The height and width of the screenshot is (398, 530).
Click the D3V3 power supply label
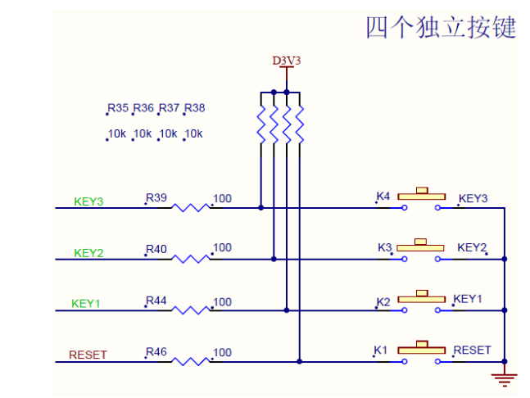(286, 61)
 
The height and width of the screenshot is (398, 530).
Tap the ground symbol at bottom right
(504, 378)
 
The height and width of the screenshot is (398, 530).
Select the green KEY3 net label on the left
(88, 201)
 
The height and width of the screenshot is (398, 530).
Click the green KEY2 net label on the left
(88, 253)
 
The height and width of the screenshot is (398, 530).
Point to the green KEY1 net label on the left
(86, 304)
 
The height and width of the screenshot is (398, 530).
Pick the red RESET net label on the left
(88, 355)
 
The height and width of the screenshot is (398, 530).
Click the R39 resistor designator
(156, 198)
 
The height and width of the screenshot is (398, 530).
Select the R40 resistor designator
(156, 248)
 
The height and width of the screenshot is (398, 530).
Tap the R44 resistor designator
(156, 301)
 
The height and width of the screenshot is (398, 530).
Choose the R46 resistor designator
(156, 352)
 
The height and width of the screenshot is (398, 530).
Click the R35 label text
(118, 108)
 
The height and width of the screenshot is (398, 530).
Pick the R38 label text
(195, 108)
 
